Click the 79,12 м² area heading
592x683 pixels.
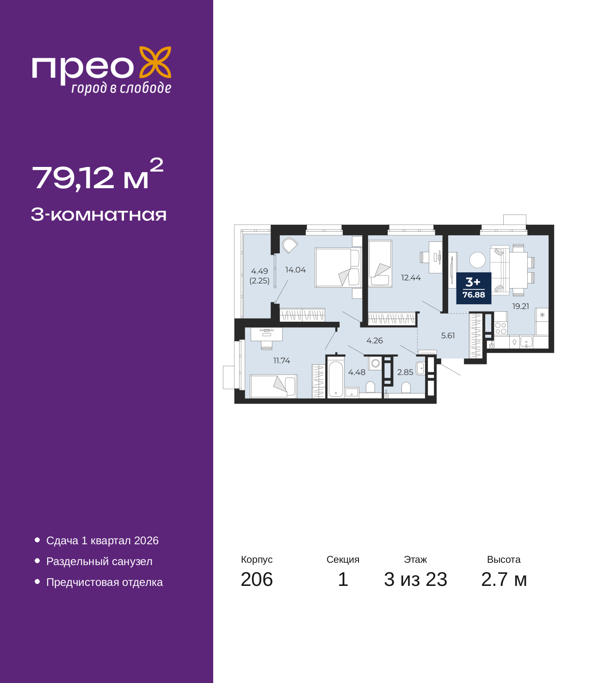[x=97, y=176]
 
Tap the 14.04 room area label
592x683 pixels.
[x=296, y=270]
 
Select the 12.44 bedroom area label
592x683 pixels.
[x=411, y=278]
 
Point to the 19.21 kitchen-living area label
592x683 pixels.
[x=520, y=306]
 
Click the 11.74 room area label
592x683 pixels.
[x=282, y=361]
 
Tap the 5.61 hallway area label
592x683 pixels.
[x=448, y=336]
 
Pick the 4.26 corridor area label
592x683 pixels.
[x=375, y=341]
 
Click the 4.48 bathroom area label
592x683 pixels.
[x=357, y=372]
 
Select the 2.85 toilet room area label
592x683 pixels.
[x=405, y=372]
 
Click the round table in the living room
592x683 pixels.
[x=477, y=260]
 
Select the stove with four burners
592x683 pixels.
[x=501, y=328]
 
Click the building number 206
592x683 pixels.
[x=257, y=579]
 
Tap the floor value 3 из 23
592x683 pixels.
[x=415, y=579]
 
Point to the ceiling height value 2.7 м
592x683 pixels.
[x=504, y=579]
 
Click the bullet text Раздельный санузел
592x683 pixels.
[x=99, y=561]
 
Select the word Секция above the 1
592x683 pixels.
[x=343, y=560]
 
